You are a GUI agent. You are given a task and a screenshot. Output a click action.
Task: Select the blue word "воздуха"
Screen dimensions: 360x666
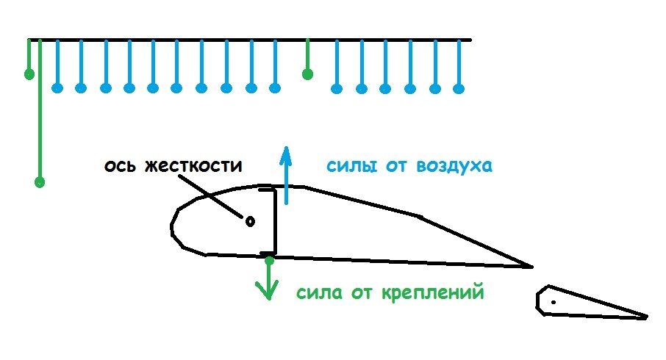click(454, 165)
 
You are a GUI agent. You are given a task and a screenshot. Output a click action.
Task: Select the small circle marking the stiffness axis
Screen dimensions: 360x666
click(249, 220)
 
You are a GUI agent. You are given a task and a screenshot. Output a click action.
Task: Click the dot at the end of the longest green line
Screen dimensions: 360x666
click(40, 181)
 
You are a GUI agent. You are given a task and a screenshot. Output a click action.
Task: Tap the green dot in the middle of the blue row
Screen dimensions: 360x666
click(308, 73)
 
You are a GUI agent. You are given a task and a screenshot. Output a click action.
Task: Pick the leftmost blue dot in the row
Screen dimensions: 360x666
click(57, 89)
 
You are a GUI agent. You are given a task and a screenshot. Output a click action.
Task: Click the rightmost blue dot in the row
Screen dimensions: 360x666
click(459, 89)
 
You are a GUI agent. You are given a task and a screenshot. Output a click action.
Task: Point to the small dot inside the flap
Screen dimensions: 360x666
click(553, 301)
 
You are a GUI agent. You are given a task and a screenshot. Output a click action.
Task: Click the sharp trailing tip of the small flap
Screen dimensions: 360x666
click(647, 317)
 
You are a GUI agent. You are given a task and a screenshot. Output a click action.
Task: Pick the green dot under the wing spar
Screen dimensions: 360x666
click(270, 260)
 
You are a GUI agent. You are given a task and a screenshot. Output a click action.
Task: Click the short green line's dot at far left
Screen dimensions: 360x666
click(29, 73)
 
